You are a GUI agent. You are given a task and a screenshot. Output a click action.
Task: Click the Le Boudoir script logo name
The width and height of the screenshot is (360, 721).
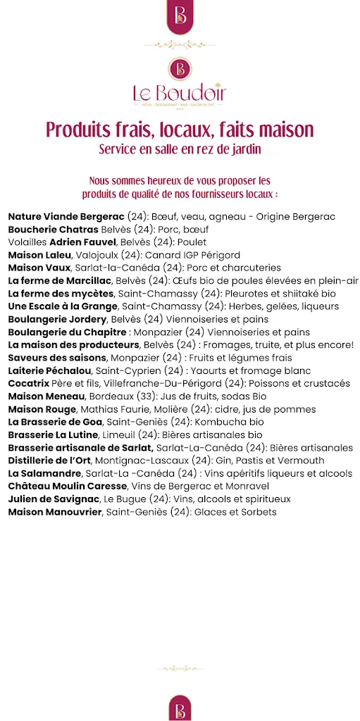pos(180,92)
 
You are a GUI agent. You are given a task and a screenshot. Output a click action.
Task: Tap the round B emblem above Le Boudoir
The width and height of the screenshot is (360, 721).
pos(180,68)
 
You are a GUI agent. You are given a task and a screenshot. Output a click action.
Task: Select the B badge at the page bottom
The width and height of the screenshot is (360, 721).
pos(180,706)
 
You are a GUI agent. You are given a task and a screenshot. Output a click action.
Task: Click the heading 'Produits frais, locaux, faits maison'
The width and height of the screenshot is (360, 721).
pos(180,130)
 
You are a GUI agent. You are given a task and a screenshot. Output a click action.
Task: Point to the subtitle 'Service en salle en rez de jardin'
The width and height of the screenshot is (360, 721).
pos(180,149)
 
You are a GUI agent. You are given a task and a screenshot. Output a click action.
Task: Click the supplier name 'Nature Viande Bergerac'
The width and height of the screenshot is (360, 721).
pos(66,216)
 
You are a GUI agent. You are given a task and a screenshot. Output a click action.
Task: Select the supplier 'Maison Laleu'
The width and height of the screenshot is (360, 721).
pos(39,254)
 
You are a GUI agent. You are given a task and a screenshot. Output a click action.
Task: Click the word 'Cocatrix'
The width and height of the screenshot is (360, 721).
pos(29,383)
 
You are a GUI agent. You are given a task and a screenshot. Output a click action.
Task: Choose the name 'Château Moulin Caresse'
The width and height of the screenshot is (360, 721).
pos(68,486)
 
